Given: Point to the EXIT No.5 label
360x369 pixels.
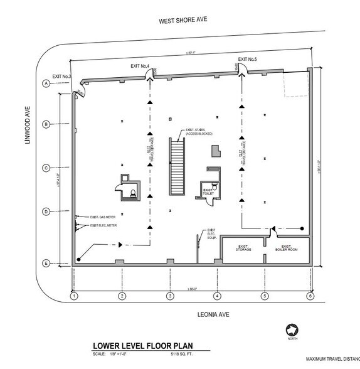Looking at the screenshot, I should pyautogui.click(x=248, y=59).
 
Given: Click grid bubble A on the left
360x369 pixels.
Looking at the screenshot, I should pyautogui.click(x=46, y=83).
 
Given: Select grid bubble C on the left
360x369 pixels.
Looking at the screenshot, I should pyautogui.click(x=46, y=168).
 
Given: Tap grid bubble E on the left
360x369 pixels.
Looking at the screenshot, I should pyautogui.click(x=46, y=264).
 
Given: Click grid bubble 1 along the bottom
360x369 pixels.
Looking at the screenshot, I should pyautogui.click(x=73, y=296).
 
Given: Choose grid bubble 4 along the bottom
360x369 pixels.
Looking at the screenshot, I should pyautogui.click(x=216, y=296).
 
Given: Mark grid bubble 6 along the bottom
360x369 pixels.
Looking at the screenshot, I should pyautogui.click(x=310, y=296).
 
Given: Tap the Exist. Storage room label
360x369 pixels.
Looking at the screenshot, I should pyautogui.click(x=243, y=249).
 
